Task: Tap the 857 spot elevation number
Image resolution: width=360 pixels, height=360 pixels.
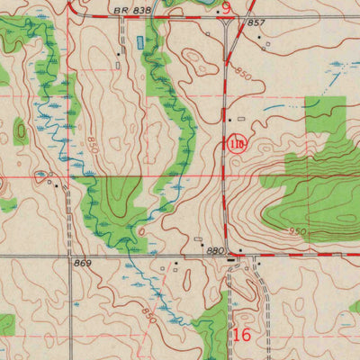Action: coord(256,22)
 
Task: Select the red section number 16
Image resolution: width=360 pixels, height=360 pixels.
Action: coord(239,335)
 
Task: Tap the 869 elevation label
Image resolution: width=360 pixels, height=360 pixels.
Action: coord(84,265)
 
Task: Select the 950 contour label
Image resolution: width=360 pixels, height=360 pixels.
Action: coord(297,231)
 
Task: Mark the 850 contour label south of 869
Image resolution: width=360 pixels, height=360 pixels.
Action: coord(149,315)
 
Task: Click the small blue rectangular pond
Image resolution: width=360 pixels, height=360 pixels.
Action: coord(139,41)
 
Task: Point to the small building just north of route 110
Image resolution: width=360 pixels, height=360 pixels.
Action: coord(229,120)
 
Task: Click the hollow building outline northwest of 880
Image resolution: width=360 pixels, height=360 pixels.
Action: coord(200,239)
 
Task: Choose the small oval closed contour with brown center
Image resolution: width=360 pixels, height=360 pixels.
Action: coord(21,132)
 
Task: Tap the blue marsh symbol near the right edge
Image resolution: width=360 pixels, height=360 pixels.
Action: coord(337,65)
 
